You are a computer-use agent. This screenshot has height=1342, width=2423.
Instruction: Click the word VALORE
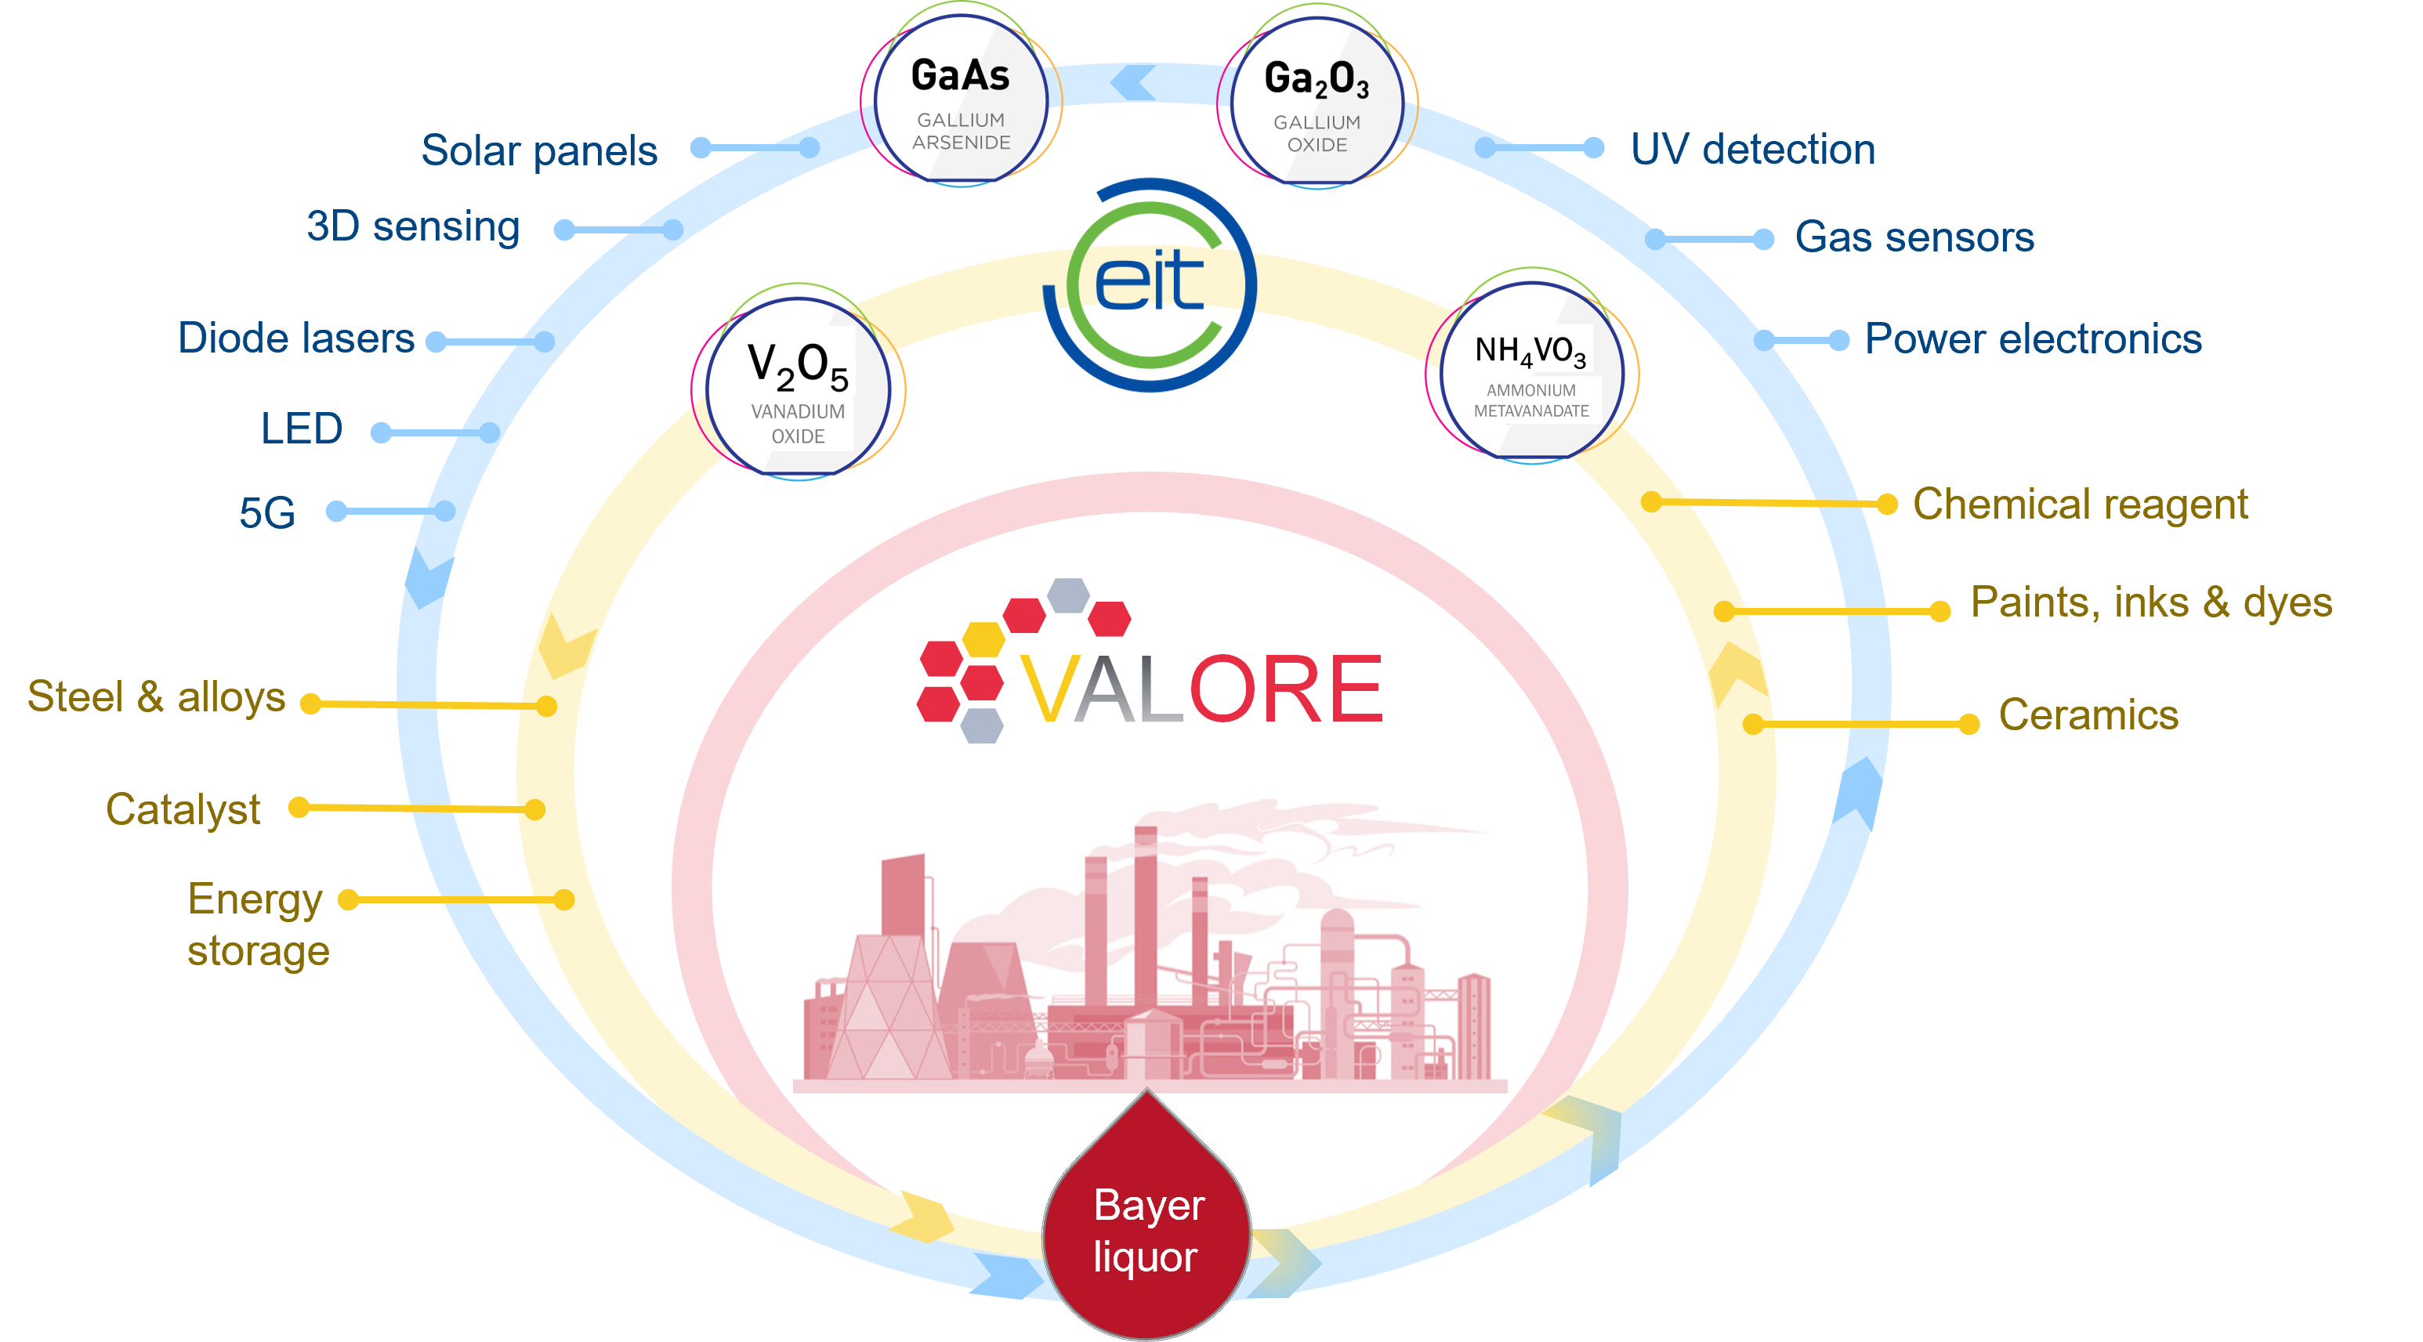point(1201,689)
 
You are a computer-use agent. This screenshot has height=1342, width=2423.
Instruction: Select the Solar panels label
point(539,150)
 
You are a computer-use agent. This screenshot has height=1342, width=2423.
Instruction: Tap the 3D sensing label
point(413,226)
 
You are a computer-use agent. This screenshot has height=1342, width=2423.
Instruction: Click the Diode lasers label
point(295,338)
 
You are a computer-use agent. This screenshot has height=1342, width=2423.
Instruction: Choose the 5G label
point(267,512)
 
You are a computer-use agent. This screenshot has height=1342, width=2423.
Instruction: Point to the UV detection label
point(1752,150)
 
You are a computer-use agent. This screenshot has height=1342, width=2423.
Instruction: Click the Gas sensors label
point(1914,237)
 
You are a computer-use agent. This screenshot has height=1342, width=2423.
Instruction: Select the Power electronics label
point(2033,338)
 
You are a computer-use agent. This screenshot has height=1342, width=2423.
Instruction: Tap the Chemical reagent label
point(2080,504)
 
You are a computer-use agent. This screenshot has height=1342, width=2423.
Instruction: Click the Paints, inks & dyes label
point(2150,602)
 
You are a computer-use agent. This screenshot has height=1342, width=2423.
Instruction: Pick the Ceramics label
point(2088,714)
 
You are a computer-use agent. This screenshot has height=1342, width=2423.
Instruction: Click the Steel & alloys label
point(156,697)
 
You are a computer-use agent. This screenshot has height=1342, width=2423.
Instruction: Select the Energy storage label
point(257,924)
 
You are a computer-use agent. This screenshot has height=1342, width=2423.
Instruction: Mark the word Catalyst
point(183,808)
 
